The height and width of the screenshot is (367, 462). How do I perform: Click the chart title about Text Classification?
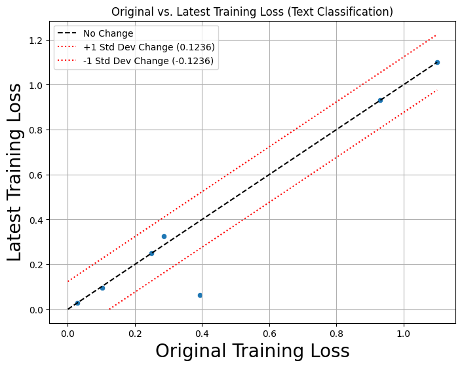252,12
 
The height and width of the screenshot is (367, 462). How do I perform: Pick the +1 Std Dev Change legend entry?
149,47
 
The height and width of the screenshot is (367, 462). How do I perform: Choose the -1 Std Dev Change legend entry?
147,61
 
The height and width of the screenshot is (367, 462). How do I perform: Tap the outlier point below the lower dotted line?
200,295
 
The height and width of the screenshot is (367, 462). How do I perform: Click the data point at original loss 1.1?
437,63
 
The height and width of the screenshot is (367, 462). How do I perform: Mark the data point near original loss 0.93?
380,100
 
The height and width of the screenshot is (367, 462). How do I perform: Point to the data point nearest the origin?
77,303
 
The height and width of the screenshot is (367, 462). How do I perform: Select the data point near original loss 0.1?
102,288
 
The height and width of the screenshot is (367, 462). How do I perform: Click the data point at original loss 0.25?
151,253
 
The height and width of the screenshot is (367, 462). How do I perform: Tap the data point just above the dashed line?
164,236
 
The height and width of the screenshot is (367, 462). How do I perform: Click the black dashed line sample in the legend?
68,33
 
